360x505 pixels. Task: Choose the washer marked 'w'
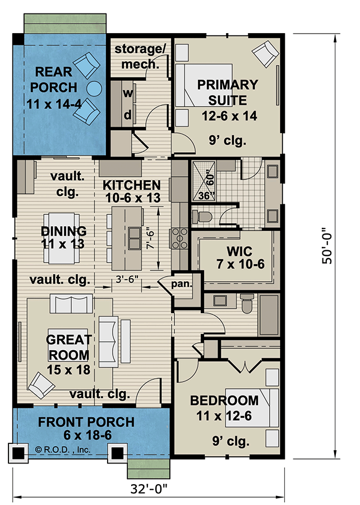[127, 93]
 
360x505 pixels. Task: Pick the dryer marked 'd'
[127, 115]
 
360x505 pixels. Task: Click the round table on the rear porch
[94, 88]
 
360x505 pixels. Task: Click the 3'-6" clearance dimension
[125, 279]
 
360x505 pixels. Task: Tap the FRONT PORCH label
[86, 429]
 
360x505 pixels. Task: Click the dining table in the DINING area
[63, 238]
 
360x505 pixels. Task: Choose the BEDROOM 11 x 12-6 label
[224, 408]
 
